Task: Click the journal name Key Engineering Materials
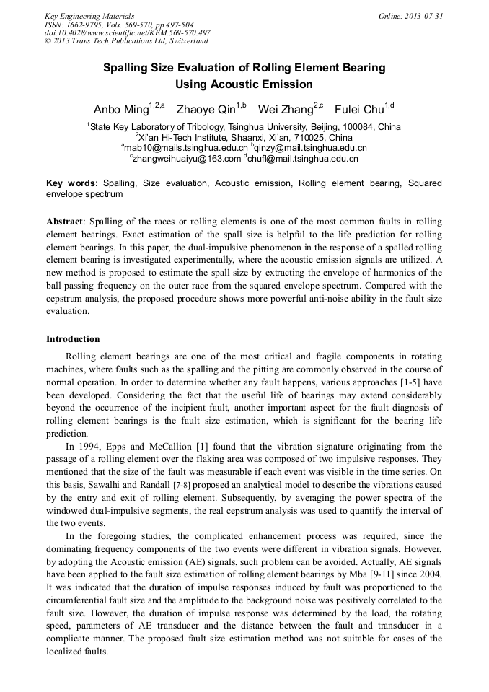[x=89, y=16]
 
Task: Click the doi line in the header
[x=128, y=32]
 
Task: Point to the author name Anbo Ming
[x=120, y=110]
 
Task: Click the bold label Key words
[x=73, y=183]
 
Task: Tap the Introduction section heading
[x=73, y=339]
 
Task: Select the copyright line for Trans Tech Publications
[x=126, y=41]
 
